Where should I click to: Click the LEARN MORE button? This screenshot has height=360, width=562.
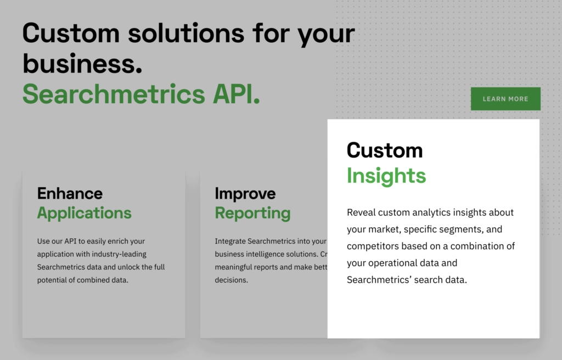click(x=505, y=99)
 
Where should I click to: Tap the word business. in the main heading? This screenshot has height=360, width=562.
click(x=82, y=64)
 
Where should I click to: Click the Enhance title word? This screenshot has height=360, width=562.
click(x=70, y=193)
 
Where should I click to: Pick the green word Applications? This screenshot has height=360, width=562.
click(x=84, y=213)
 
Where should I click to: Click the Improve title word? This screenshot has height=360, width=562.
click(x=245, y=193)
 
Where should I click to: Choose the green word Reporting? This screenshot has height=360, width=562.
click(x=252, y=213)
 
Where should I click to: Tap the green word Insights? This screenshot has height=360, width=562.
click(x=386, y=176)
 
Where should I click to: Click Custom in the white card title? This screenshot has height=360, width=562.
click(x=384, y=150)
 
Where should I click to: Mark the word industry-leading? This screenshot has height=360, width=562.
click(x=118, y=254)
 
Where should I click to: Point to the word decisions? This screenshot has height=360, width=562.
click(x=231, y=280)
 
